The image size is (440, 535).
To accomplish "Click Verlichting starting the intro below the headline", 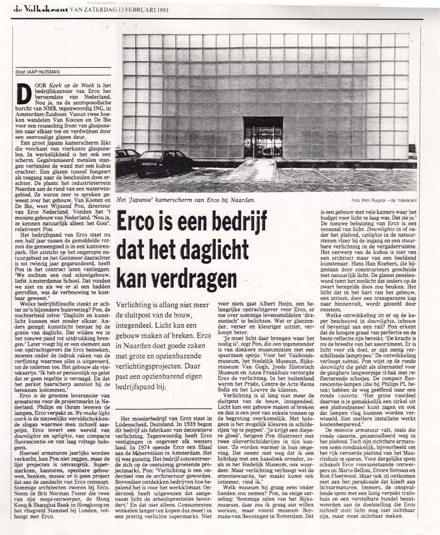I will tap(138, 306).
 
